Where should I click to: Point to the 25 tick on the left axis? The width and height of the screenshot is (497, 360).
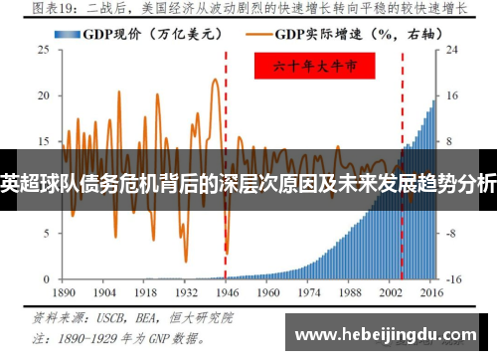(43, 50)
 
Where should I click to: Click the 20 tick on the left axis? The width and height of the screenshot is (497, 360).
(43, 95)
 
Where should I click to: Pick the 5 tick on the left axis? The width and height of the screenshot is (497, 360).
(46, 233)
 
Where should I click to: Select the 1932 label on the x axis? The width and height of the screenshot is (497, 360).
(186, 295)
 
